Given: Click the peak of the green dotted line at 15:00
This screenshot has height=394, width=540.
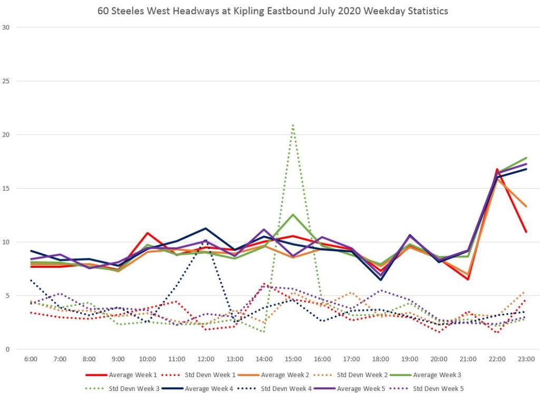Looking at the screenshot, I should (293, 125).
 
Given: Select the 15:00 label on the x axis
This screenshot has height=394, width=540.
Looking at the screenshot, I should (293, 359).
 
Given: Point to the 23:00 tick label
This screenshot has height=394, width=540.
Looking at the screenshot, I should (526, 359).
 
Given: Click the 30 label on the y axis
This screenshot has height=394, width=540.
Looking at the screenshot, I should (6, 27).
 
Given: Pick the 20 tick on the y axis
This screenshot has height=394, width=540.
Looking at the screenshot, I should (6, 135).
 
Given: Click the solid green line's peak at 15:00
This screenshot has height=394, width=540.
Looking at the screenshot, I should (293, 214).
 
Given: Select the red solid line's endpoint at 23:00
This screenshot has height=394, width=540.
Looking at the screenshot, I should (526, 231).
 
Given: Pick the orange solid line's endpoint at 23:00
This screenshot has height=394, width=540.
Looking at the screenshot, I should (526, 206).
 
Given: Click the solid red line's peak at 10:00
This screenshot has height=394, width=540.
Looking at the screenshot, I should (148, 233).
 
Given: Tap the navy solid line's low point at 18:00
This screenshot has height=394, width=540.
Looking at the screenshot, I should (380, 279).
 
